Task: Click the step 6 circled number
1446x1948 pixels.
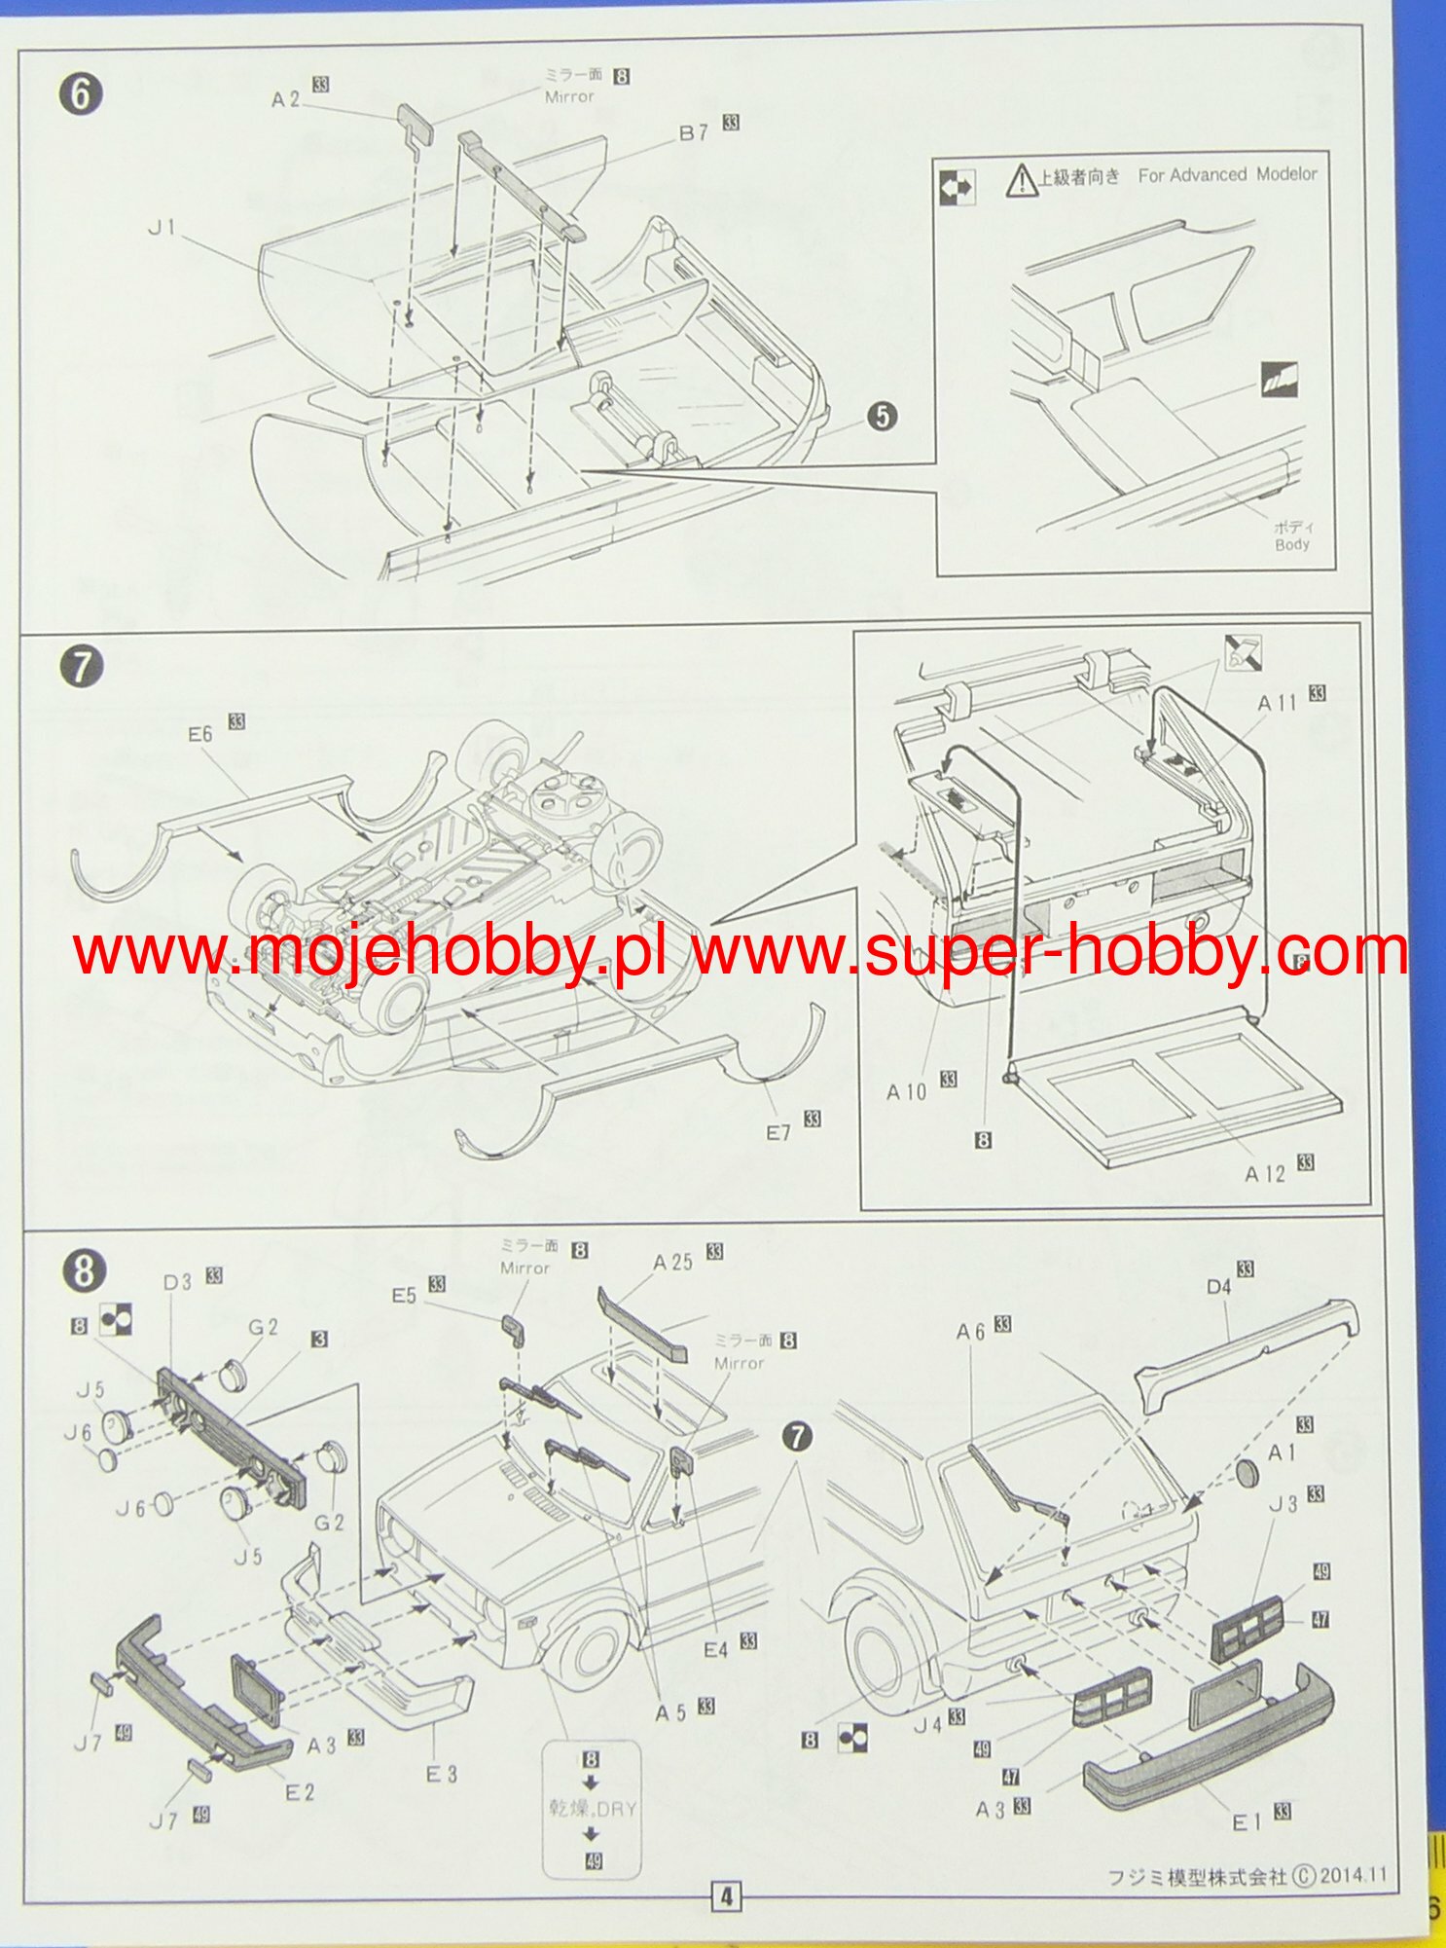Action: point(81,94)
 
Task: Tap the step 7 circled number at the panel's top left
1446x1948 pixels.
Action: point(81,667)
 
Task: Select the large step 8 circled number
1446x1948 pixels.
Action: point(84,1270)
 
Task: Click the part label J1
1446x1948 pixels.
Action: point(162,227)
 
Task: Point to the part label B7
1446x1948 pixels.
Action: point(694,132)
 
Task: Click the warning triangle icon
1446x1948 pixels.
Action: point(1021,180)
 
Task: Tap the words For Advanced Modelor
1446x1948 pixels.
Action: point(1227,174)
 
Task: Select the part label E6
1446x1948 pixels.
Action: point(199,733)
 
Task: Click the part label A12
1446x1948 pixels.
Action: point(1265,1174)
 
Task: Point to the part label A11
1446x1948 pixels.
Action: point(1277,703)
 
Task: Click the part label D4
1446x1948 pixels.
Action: point(1218,1287)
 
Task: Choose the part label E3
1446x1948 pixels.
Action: point(441,1774)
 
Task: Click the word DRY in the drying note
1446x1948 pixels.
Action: point(616,1809)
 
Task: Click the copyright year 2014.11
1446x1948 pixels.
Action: point(1354,1875)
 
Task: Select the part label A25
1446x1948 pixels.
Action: point(672,1262)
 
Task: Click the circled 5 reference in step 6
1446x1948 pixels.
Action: point(882,416)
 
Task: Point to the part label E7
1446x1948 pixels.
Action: point(778,1132)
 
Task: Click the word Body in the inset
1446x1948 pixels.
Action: point(1292,544)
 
